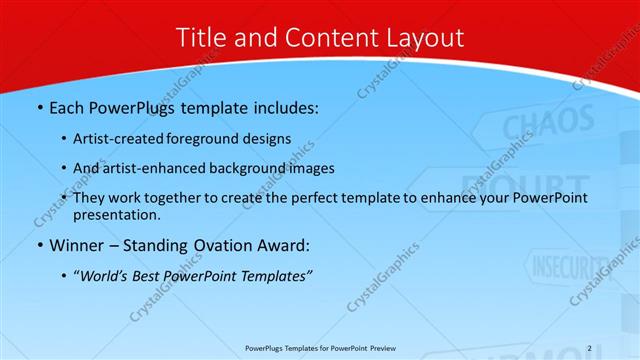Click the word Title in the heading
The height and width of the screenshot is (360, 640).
[x=201, y=38]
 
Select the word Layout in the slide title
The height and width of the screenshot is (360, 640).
[x=420, y=38]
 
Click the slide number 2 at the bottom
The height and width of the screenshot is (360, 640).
[x=589, y=348]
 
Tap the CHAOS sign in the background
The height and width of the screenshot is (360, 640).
[x=534, y=128]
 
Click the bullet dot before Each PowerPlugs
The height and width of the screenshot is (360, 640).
[x=39, y=106]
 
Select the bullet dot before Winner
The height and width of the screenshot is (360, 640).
[x=39, y=245]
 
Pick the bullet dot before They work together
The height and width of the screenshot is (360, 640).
[x=65, y=199]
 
